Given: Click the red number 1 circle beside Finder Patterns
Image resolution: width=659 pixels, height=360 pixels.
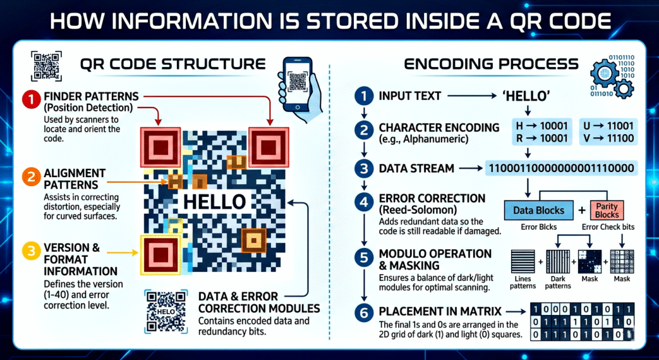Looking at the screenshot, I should tap(30, 100).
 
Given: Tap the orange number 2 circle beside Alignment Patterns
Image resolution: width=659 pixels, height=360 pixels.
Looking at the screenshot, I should tap(30, 176).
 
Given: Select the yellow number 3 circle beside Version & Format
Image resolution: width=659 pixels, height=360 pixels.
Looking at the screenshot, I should tap(30, 251).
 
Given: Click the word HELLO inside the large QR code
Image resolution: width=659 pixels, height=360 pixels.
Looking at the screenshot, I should tap(214, 201).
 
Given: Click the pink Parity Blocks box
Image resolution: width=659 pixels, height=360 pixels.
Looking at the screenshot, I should tap(607, 210).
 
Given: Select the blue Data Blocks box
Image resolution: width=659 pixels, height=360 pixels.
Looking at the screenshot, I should tap(539, 211).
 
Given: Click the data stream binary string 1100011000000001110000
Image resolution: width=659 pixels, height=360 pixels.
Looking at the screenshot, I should tap(561, 169).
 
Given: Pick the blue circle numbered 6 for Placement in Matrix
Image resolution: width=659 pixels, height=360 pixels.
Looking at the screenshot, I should tap(364, 314).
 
